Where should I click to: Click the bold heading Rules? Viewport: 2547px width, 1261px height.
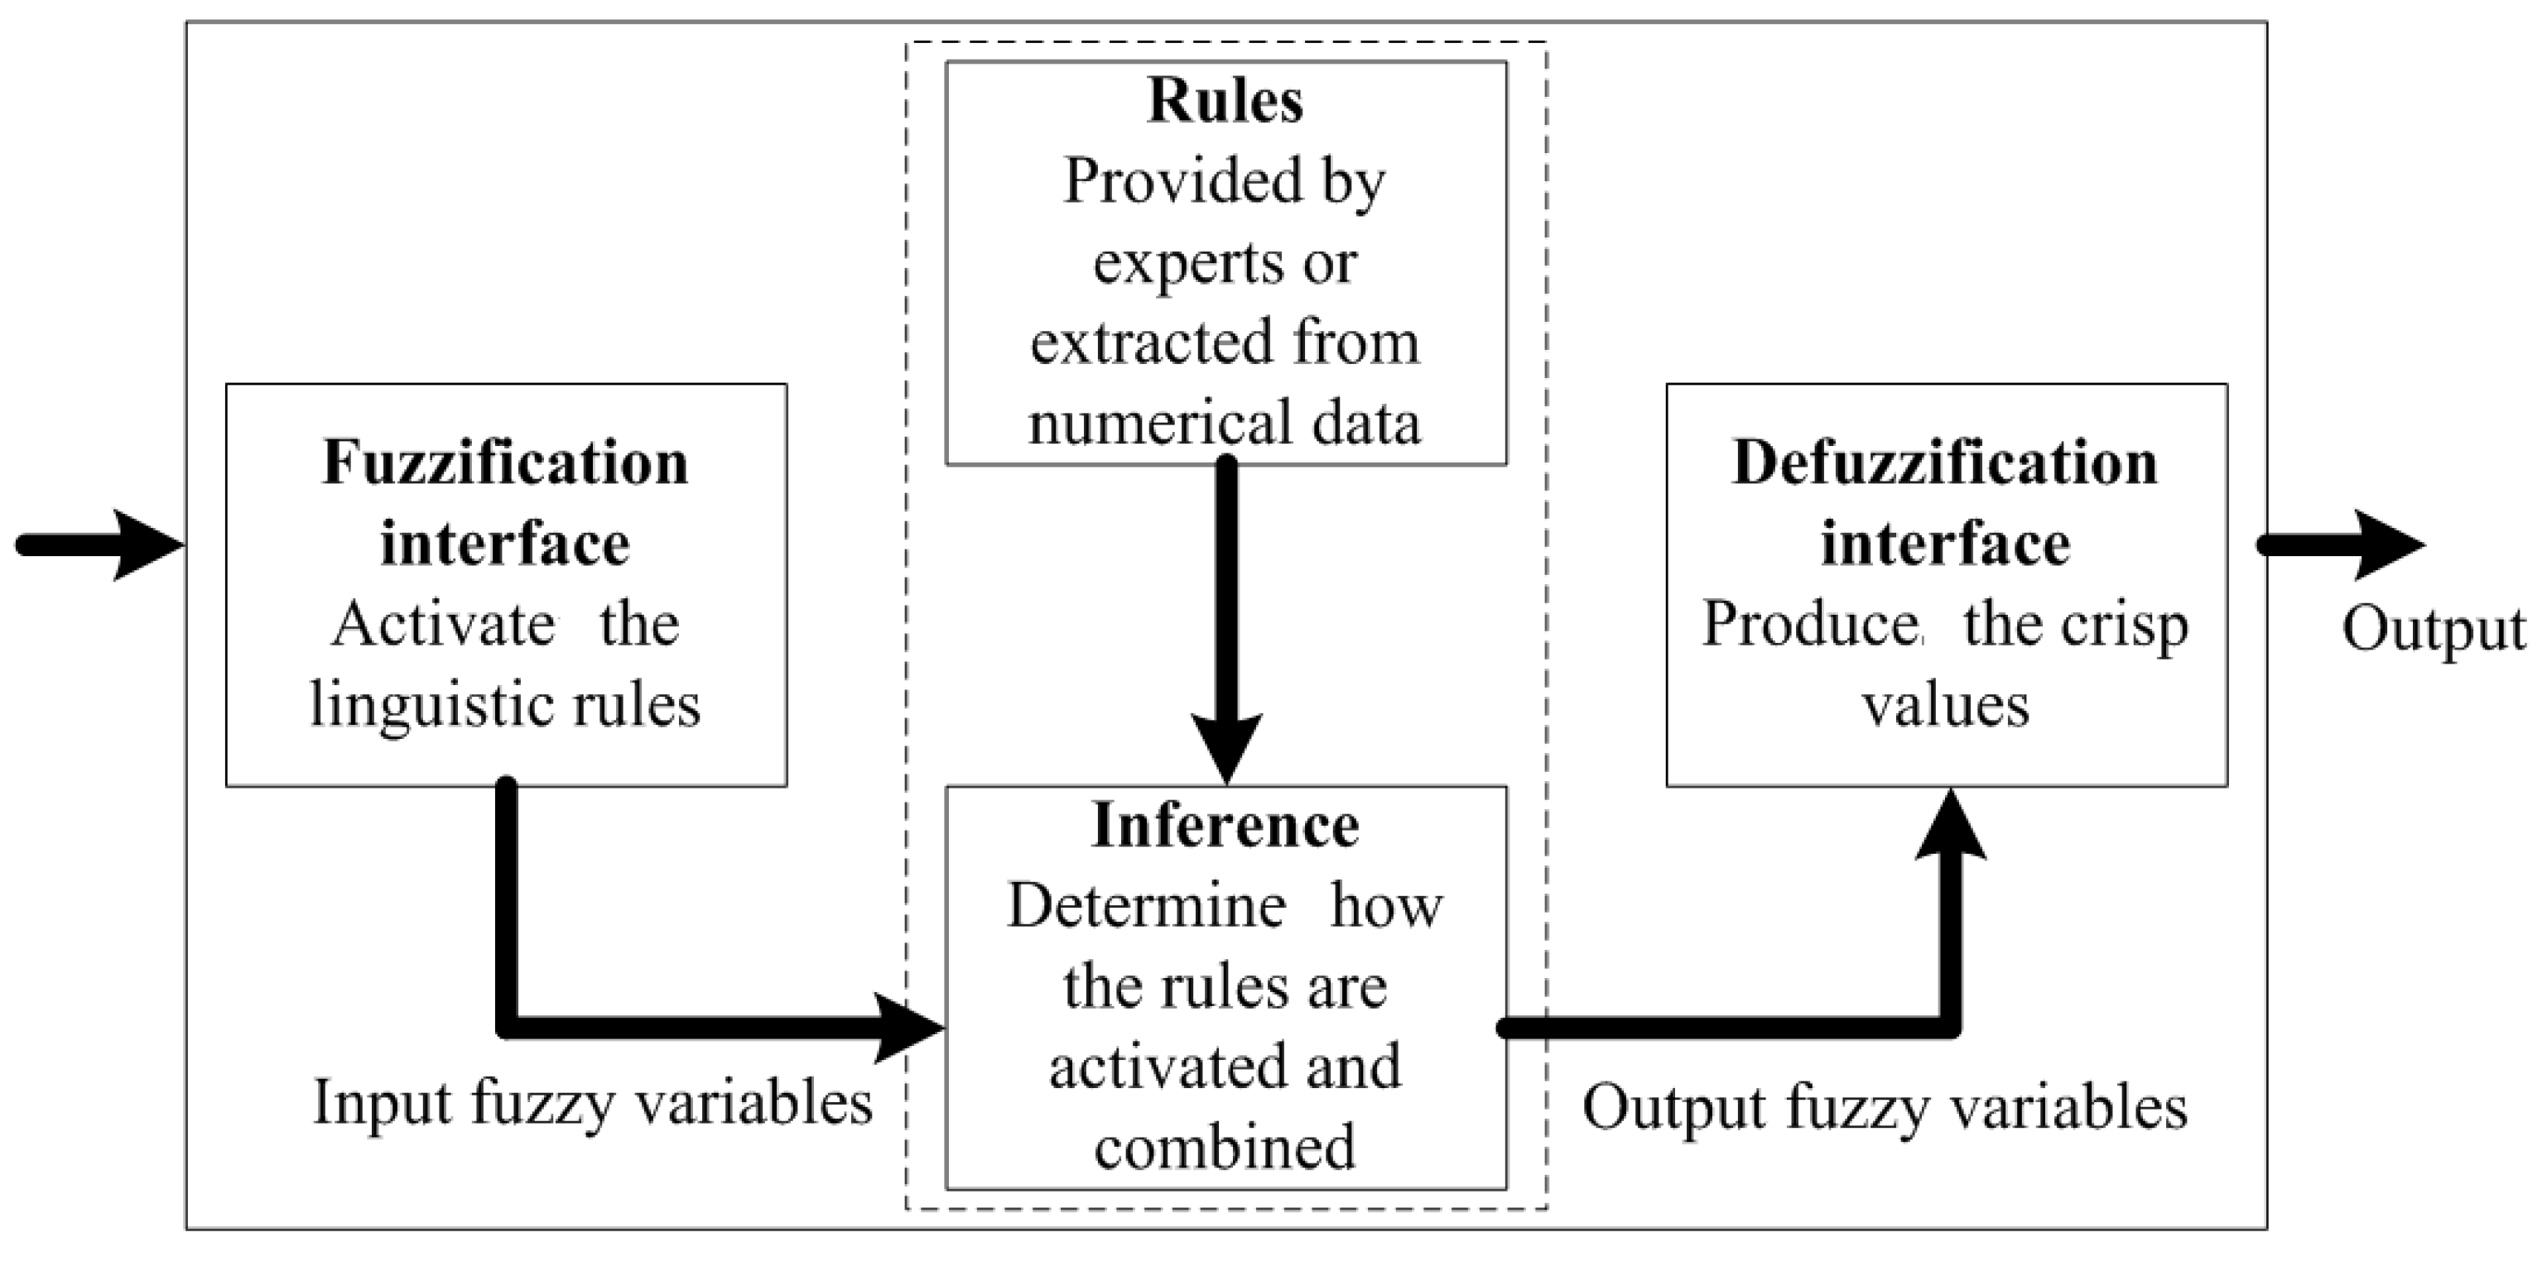pyautogui.click(x=1225, y=101)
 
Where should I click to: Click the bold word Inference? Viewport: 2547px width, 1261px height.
pyautogui.click(x=1225, y=825)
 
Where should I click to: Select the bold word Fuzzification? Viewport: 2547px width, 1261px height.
pyautogui.click(x=505, y=463)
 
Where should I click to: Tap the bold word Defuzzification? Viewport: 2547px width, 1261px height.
pyautogui.click(x=1945, y=463)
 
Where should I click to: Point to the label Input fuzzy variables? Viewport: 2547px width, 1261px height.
pyautogui.click(x=592, y=1102)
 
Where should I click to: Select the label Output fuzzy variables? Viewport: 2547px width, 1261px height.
pyautogui.click(x=1885, y=1107)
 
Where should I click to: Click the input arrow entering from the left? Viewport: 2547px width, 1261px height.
pyautogui.click(x=99, y=544)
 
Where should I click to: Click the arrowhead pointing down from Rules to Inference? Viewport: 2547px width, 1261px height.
pyautogui.click(x=1226, y=747)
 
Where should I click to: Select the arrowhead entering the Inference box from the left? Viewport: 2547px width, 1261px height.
pyautogui.click(x=908, y=1028)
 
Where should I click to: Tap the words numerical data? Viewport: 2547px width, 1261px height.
pyautogui.click(x=1224, y=423)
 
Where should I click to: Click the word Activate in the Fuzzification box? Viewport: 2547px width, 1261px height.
pyautogui.click(x=443, y=626)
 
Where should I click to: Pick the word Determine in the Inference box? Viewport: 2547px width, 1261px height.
pyautogui.click(x=1145, y=906)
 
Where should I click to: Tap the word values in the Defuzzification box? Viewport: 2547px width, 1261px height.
pyautogui.click(x=1945, y=707)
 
